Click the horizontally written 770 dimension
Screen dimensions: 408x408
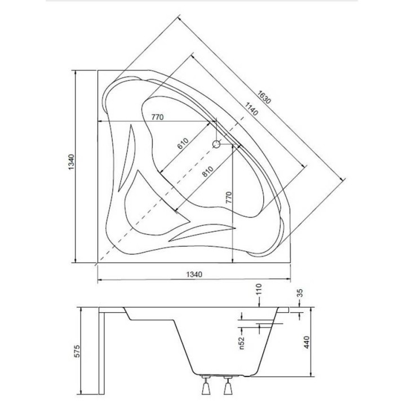[157, 117]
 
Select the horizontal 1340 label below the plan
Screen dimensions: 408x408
[193, 274]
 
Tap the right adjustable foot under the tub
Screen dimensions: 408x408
[228, 387]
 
